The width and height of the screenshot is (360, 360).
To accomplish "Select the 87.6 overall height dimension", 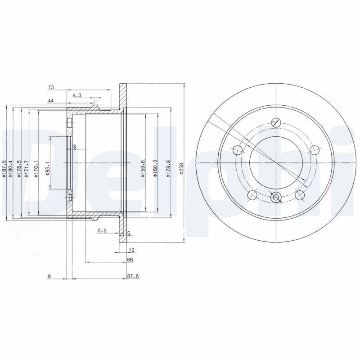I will tap(132, 276).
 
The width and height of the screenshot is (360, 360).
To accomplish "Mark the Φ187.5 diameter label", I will tap(4, 169).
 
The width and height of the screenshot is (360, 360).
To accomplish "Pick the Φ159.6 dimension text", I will tap(143, 169).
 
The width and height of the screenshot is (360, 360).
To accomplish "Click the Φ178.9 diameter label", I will tap(168, 169).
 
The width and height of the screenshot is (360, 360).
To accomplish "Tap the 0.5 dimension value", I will tap(102, 231).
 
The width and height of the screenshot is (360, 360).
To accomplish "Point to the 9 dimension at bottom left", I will tap(49, 276).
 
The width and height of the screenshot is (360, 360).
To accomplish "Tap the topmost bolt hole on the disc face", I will tap(276, 122).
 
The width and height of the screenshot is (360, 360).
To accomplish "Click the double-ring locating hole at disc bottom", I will tap(276, 196).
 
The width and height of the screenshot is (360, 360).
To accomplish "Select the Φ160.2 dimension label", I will tap(155, 169).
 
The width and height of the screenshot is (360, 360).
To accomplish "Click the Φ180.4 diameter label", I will tap(11, 169).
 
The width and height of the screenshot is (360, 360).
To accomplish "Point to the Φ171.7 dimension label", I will tap(27, 169).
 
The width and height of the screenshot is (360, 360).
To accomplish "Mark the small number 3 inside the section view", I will tap(74, 147).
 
